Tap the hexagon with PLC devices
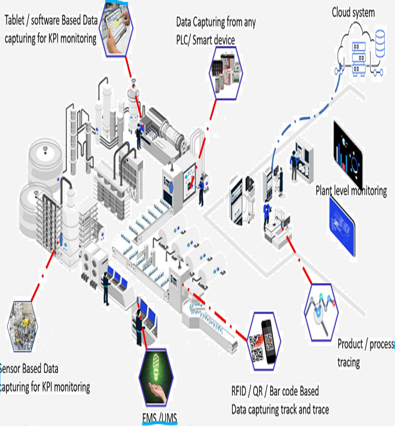click(x=225, y=73)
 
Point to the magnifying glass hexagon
click(x=321, y=312)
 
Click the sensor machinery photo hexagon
click(x=22, y=326)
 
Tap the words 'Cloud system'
click(x=353, y=12)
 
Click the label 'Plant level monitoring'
click(x=351, y=190)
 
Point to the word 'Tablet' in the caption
click(x=17, y=20)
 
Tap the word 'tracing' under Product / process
click(x=349, y=363)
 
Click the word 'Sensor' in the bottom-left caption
click(x=9, y=368)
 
